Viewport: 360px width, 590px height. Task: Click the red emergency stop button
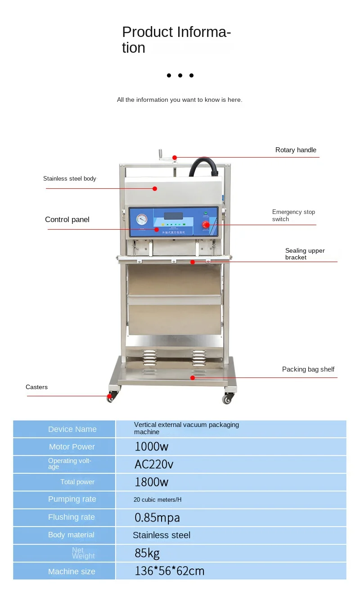[x=206, y=224]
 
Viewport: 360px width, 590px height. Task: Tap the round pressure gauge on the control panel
[x=142, y=219]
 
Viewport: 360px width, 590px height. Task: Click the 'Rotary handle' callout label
[x=296, y=150]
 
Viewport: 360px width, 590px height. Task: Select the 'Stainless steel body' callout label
[x=70, y=179]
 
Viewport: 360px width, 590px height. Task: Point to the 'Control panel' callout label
[x=67, y=220]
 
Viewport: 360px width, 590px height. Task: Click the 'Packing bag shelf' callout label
[x=308, y=369]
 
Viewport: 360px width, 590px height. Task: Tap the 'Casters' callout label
[x=36, y=387]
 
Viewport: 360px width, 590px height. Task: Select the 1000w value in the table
[x=152, y=447]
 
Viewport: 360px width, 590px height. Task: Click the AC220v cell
[x=154, y=464]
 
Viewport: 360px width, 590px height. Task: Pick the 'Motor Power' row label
[x=72, y=447]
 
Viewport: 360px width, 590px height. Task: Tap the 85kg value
[x=147, y=553]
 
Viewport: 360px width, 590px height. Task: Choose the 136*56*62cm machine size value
[x=170, y=572]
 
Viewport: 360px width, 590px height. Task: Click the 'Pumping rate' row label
[x=72, y=499]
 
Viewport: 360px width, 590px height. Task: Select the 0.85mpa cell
[x=157, y=517]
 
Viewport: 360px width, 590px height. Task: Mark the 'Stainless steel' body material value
[x=162, y=536]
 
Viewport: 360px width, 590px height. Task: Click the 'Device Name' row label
[x=72, y=429]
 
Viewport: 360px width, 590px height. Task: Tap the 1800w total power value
[x=152, y=482]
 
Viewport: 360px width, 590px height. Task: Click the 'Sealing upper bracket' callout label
[x=305, y=254]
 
